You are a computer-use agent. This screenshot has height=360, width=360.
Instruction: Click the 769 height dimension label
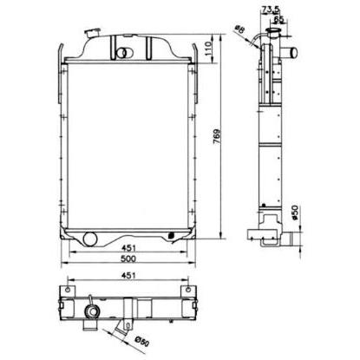tap(217, 136)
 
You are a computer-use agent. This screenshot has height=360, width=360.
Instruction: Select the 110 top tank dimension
tap(208, 49)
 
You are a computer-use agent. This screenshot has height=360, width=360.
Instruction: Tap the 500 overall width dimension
tap(128, 259)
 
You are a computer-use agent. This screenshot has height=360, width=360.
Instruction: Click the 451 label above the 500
tap(128, 248)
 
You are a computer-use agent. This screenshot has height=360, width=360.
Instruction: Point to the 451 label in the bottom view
tap(128, 276)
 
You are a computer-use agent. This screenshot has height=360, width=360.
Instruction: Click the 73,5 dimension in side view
tap(272, 10)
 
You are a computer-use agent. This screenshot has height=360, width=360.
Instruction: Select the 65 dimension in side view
tap(278, 19)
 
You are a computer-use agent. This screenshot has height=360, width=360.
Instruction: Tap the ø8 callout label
tap(239, 29)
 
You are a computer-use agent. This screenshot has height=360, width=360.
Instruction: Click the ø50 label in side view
tap(295, 213)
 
